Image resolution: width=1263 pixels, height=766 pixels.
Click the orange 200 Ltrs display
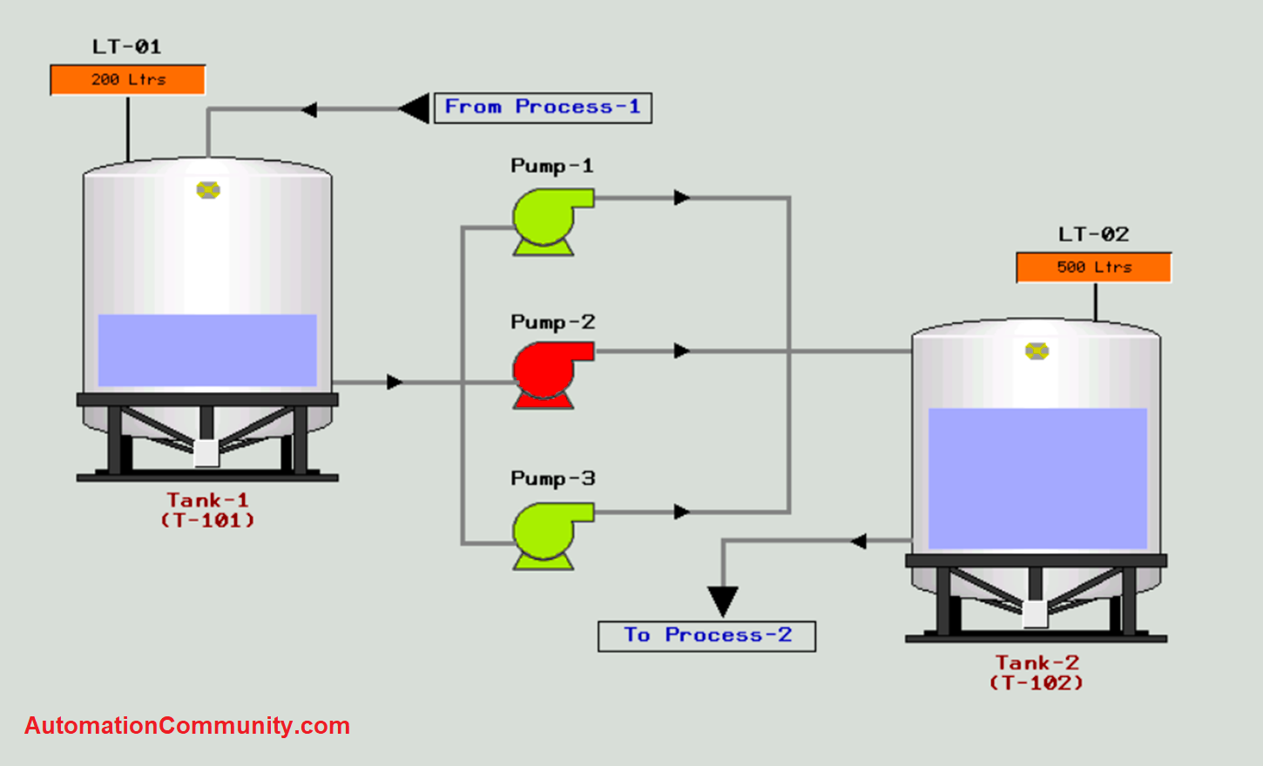(x=128, y=79)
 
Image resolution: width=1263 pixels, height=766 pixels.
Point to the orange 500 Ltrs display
(x=1094, y=268)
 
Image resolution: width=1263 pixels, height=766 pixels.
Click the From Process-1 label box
(x=543, y=107)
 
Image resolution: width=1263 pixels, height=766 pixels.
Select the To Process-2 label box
(x=706, y=635)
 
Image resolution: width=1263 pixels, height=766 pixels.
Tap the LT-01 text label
(x=127, y=46)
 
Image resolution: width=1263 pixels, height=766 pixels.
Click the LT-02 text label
(x=1094, y=234)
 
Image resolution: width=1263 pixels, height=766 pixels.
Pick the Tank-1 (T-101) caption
(x=207, y=510)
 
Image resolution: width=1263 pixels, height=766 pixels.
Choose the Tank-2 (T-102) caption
(x=1037, y=673)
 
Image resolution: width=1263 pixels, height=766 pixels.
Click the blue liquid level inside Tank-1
(x=207, y=349)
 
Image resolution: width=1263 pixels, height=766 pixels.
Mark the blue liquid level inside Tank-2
(x=1037, y=478)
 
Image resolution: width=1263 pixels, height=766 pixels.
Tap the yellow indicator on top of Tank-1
(x=208, y=190)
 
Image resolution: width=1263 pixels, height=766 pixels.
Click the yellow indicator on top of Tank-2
(x=1037, y=351)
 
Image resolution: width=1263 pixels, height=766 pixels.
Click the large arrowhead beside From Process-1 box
(x=416, y=109)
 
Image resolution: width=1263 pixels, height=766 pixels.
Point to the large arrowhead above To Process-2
(x=723, y=600)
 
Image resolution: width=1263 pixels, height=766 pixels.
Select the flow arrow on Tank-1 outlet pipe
(x=395, y=382)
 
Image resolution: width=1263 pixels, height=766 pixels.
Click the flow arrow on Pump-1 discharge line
(x=681, y=198)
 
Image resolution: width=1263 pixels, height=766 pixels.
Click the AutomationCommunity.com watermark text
(x=187, y=726)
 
